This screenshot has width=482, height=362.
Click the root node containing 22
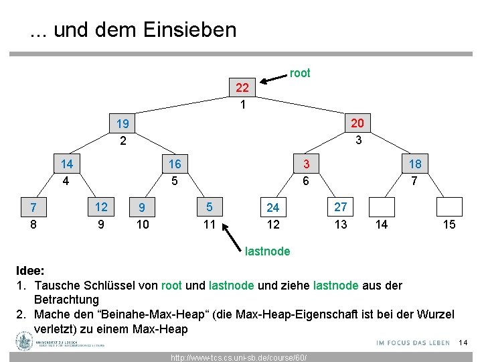tap(242, 88)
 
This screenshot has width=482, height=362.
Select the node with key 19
tap(123, 124)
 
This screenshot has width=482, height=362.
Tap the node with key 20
tap(357, 123)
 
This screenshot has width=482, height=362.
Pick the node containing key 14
tap(67, 164)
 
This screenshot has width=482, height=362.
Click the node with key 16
tap(174, 164)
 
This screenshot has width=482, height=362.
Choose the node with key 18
tap(415, 164)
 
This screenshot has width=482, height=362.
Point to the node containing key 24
tap(272, 208)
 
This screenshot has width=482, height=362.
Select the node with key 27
tap(341, 207)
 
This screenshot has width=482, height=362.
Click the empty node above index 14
tap(382, 207)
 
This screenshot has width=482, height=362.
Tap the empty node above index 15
tap(449, 207)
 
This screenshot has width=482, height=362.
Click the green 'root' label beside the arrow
tap(300, 73)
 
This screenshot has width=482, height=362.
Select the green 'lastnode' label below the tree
tap(268, 251)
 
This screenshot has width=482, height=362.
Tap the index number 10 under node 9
tap(143, 225)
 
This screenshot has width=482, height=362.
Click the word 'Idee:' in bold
tap(30, 271)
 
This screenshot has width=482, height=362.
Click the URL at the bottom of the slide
tap(239, 357)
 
